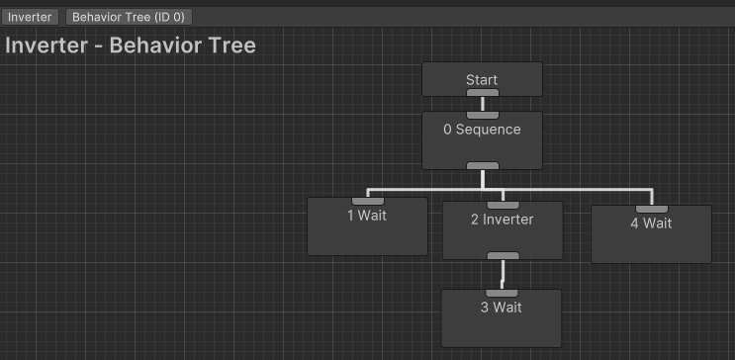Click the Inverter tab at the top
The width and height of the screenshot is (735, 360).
click(x=30, y=17)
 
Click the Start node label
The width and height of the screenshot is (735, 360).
click(x=482, y=80)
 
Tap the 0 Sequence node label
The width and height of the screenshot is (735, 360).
click(x=482, y=130)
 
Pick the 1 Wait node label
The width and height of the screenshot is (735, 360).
click(x=367, y=216)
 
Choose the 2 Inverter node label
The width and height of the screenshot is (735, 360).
click(x=502, y=220)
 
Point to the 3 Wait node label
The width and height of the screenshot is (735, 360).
click(x=502, y=308)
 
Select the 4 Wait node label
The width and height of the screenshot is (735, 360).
click(x=651, y=224)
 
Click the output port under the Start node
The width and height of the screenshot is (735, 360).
click(x=482, y=93)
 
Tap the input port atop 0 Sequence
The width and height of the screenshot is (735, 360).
click(x=482, y=115)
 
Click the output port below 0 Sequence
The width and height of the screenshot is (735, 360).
click(x=482, y=165)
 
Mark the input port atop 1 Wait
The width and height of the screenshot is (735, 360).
click(x=368, y=201)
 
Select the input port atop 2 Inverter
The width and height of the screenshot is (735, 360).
click(x=503, y=205)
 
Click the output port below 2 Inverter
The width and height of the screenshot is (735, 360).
click(x=503, y=255)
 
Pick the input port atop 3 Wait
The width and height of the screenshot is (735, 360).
click(x=502, y=293)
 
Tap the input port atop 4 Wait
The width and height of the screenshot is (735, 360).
click(x=651, y=209)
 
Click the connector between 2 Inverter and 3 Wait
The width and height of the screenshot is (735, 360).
click(x=503, y=274)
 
